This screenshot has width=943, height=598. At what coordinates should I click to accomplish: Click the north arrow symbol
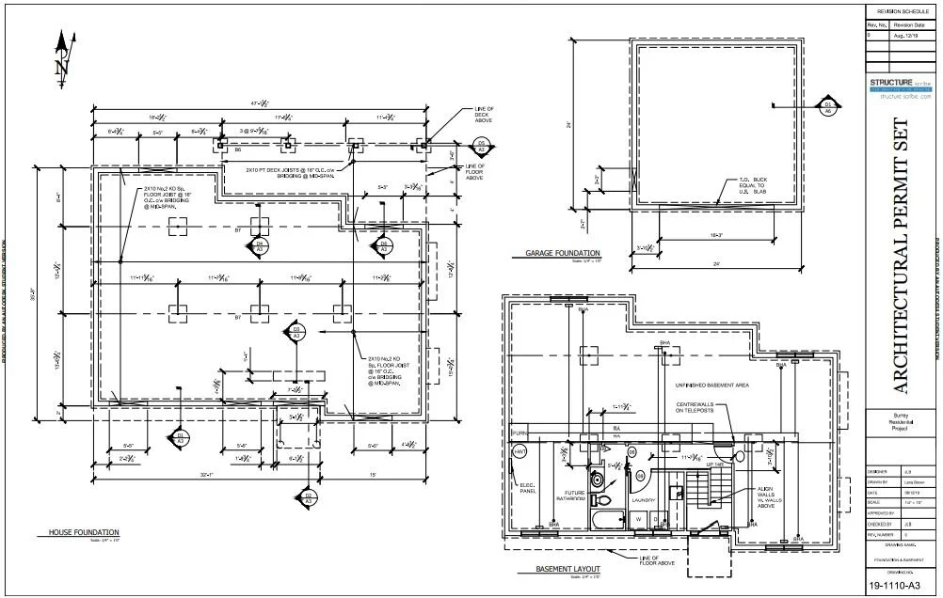coord(63,55)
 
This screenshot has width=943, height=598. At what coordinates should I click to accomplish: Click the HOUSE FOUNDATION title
coord(84,533)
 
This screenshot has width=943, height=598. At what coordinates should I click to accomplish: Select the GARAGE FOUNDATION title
coord(563,254)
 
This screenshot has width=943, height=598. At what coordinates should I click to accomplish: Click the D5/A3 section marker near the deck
coord(481,145)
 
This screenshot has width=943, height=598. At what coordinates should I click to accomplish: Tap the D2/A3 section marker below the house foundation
coord(307,497)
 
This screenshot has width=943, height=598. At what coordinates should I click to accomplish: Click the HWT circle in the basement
coord(519,452)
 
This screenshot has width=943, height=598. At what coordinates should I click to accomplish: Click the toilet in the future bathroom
coord(603,499)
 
